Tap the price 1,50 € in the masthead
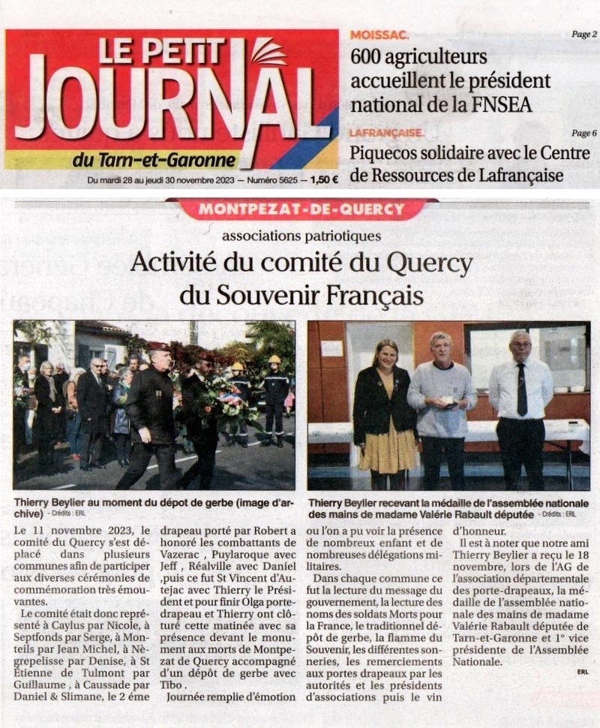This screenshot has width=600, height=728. pyautogui.click(x=324, y=179)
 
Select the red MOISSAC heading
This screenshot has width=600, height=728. pyautogui.click(x=379, y=35)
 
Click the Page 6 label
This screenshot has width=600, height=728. pyautogui.click(x=583, y=133)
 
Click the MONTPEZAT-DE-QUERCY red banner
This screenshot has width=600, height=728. pyautogui.click(x=300, y=209)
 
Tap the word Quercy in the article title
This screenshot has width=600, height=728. pyautogui.click(x=429, y=263)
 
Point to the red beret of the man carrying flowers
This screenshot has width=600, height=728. pyautogui.click(x=158, y=346)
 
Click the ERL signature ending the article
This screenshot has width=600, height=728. pyautogui.click(x=583, y=672)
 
